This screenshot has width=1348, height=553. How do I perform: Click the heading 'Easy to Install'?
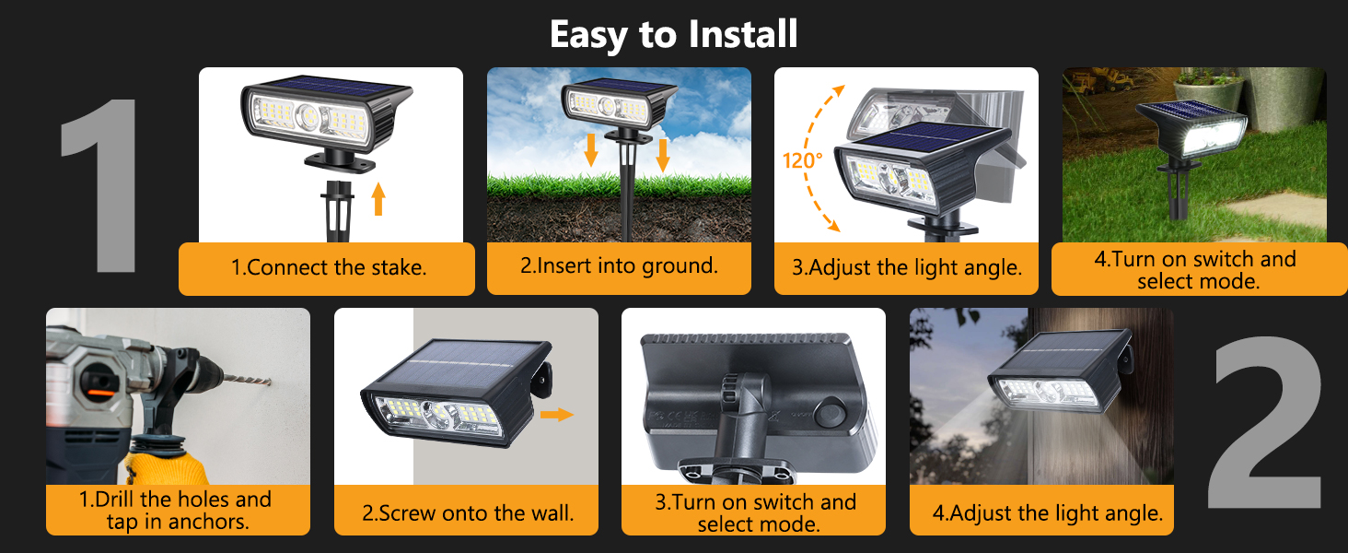(673, 35)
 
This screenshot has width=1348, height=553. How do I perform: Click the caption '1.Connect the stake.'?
(327, 268)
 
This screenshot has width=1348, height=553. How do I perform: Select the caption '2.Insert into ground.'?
(619, 266)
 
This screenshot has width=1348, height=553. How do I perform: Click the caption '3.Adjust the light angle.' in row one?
(907, 268)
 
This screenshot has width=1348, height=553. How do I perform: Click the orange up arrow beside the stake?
(378, 199)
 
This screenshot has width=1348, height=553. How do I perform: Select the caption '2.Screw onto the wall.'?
(467, 513)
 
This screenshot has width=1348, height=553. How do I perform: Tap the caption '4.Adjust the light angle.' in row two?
(1046, 512)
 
